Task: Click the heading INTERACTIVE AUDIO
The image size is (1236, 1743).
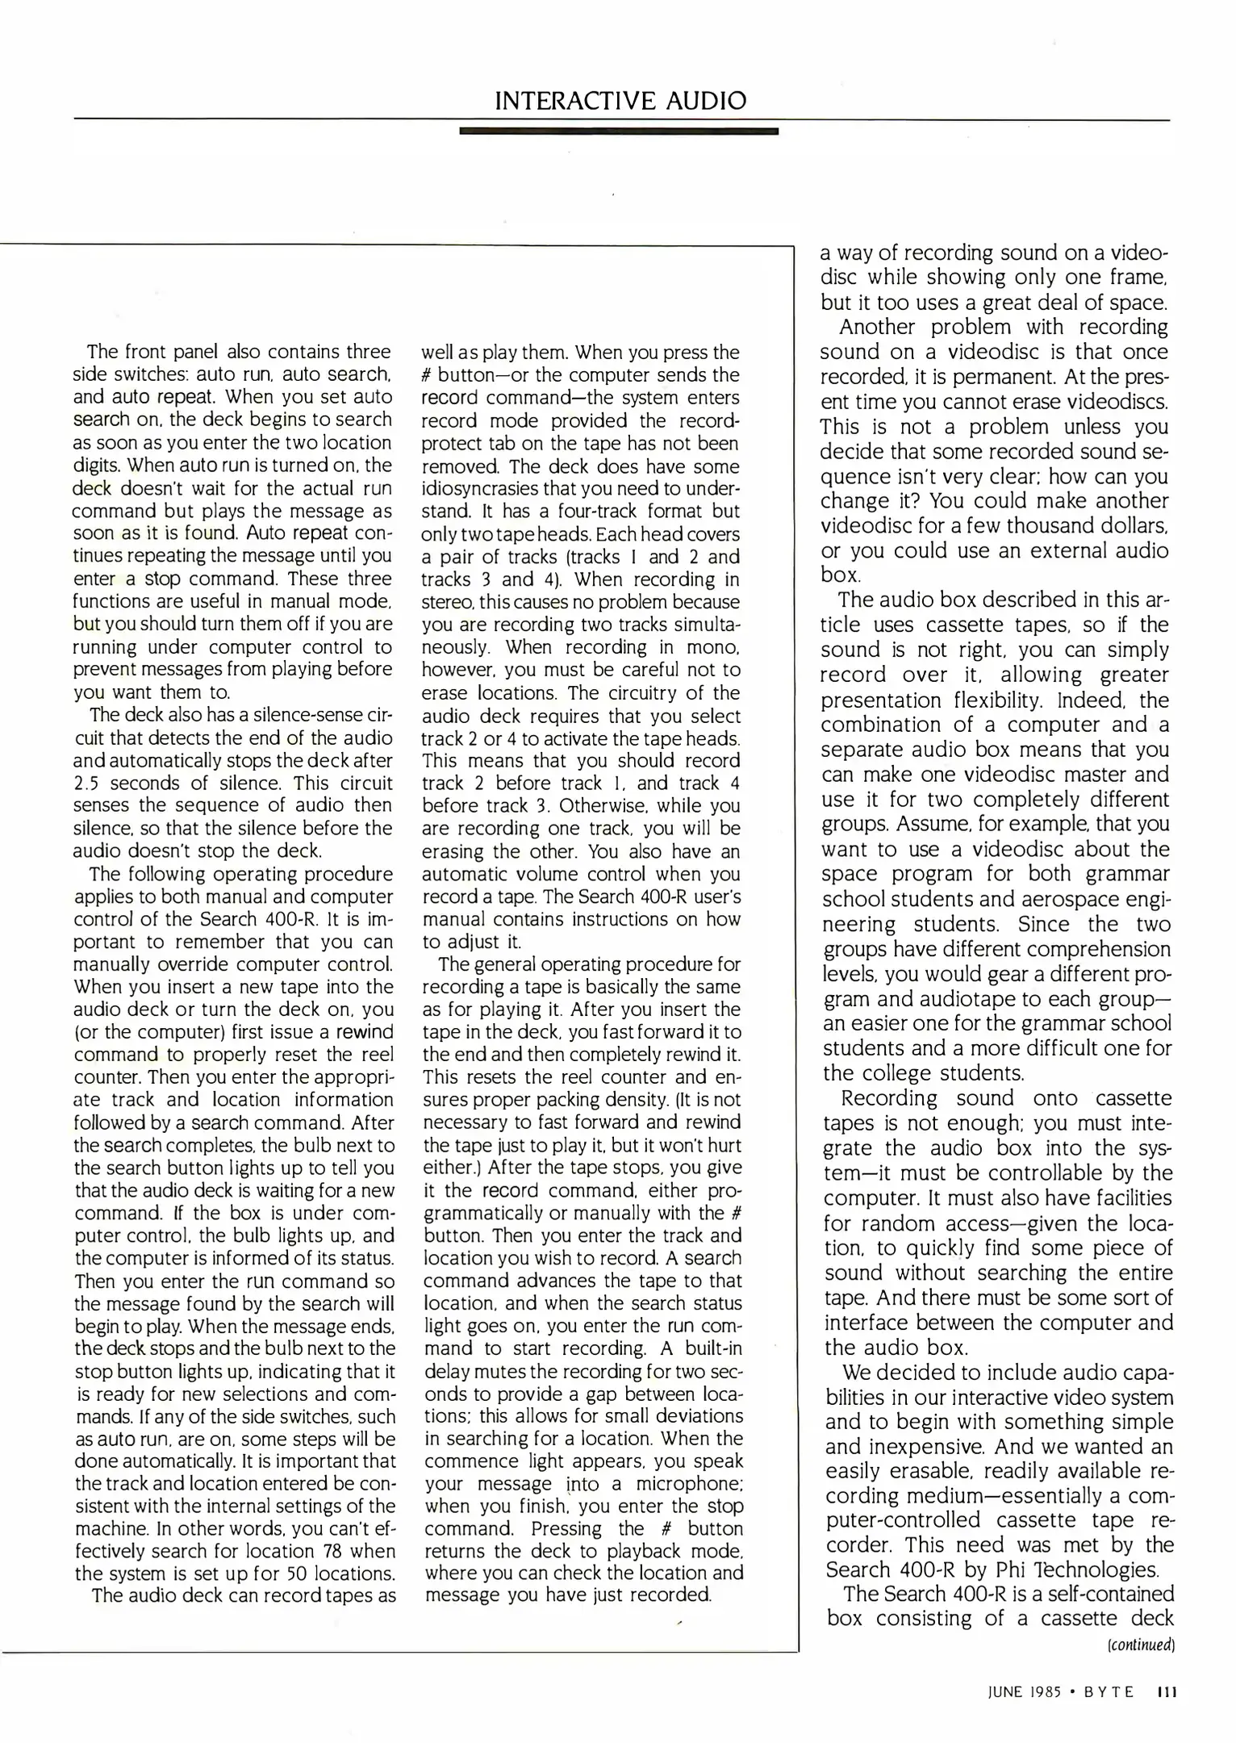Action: [620, 101]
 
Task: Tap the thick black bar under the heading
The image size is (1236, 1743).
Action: [618, 131]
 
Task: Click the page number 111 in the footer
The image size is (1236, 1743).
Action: [1167, 1692]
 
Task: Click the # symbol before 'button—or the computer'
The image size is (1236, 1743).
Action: [428, 375]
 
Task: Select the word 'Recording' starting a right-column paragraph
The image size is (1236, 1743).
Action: [889, 1098]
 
